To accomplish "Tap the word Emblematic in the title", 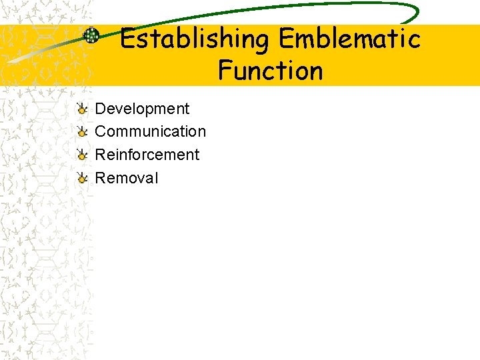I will pos(349,40).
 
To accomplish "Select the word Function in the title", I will pos(270,71).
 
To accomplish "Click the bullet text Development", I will pos(142,109).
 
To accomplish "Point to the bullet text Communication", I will pos(151,131).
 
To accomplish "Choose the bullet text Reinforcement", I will pos(147,155).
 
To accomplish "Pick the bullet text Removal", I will pos(127,178).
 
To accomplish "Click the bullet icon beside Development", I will pos(81,109).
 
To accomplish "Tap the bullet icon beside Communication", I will pos(81,131).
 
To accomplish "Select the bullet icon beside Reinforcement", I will pos(81,155).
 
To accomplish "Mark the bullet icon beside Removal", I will pos(81,178).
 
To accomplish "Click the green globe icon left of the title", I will pos(91,36).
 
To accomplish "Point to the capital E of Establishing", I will pos(127,40).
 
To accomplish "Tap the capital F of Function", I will pos(225,71).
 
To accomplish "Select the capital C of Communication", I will pos(101,131).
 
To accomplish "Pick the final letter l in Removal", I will pos(156,178).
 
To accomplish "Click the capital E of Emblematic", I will pos(285,40).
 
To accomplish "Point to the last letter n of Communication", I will pos(202,132).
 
